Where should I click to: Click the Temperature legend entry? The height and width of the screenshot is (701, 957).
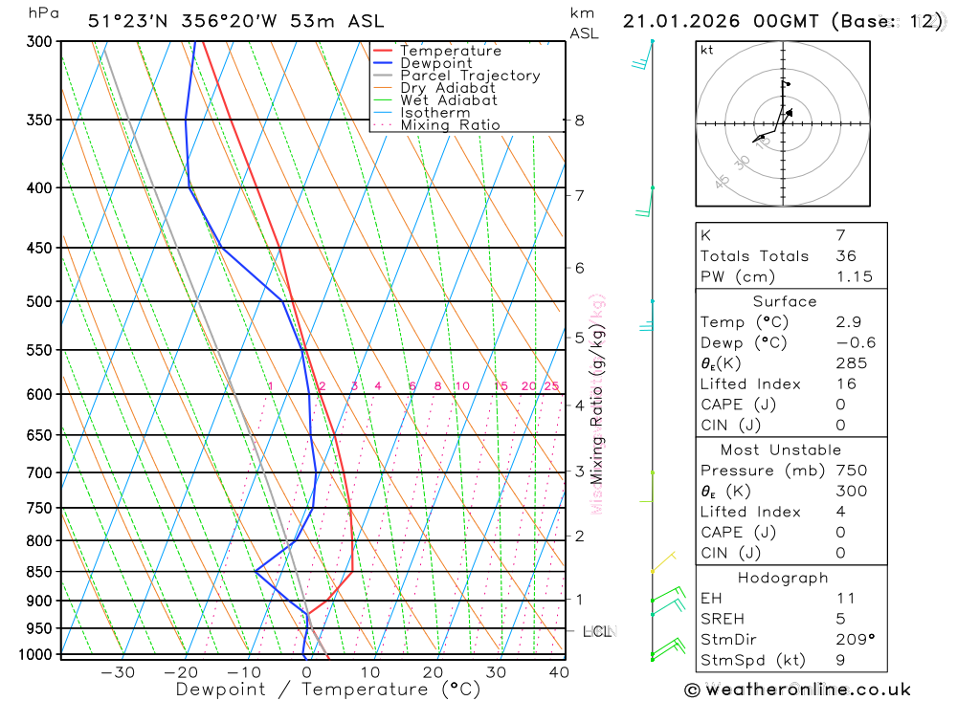(x=450, y=51)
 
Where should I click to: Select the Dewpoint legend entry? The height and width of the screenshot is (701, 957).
(x=435, y=63)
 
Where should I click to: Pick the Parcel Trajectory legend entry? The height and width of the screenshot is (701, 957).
(x=469, y=76)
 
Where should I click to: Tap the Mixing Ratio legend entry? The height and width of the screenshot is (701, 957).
(x=450, y=125)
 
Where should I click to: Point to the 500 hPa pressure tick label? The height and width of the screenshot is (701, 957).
(x=34, y=301)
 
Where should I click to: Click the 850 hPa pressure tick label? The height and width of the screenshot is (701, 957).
(x=34, y=572)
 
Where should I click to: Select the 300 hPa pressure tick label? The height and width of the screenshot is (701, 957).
(x=34, y=42)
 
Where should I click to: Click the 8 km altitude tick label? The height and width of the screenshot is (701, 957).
(x=580, y=120)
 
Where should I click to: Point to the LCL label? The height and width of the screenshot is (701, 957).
(x=597, y=631)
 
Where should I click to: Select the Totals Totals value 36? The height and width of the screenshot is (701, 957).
(x=846, y=255)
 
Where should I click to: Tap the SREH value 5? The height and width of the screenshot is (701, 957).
(x=840, y=619)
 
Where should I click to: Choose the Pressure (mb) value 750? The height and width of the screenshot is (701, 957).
(x=851, y=471)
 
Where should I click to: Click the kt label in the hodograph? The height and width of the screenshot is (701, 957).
(x=707, y=50)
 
